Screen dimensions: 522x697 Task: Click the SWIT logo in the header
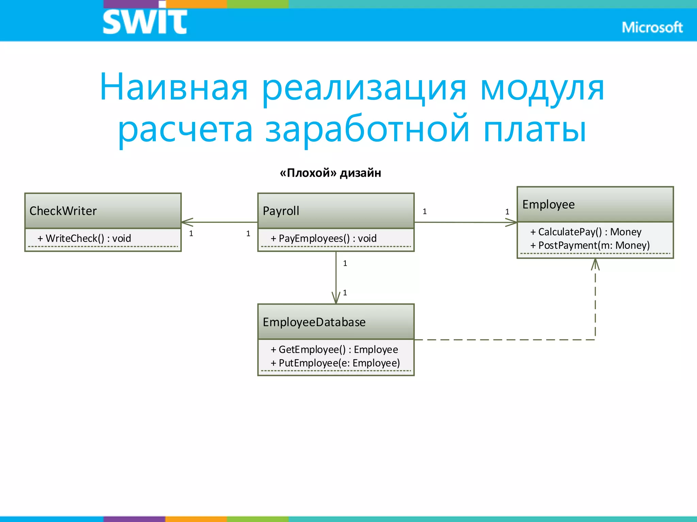(x=145, y=21)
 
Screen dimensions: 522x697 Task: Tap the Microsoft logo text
(x=652, y=28)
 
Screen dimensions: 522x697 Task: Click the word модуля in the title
(x=542, y=88)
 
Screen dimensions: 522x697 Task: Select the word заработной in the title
(x=368, y=129)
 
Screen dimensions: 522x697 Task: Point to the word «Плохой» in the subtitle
(x=308, y=173)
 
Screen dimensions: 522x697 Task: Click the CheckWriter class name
(x=63, y=211)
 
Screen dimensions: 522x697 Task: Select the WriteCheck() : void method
(x=84, y=238)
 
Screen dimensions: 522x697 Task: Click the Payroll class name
(x=281, y=211)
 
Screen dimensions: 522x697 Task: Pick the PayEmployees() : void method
(x=324, y=238)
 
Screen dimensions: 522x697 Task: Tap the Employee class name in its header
(x=548, y=204)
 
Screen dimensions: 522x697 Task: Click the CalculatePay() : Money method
(x=586, y=232)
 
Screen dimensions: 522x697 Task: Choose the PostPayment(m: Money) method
(x=590, y=245)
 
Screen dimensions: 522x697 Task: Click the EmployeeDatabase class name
(x=314, y=322)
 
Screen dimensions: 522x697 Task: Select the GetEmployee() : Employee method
(x=334, y=349)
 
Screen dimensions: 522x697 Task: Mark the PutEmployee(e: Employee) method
(x=335, y=363)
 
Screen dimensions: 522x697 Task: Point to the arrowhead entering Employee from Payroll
(x=512, y=223)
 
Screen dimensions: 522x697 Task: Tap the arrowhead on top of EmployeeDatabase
(x=336, y=298)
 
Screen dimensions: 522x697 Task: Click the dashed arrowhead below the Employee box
(x=595, y=264)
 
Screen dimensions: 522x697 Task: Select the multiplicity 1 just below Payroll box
(x=345, y=263)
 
